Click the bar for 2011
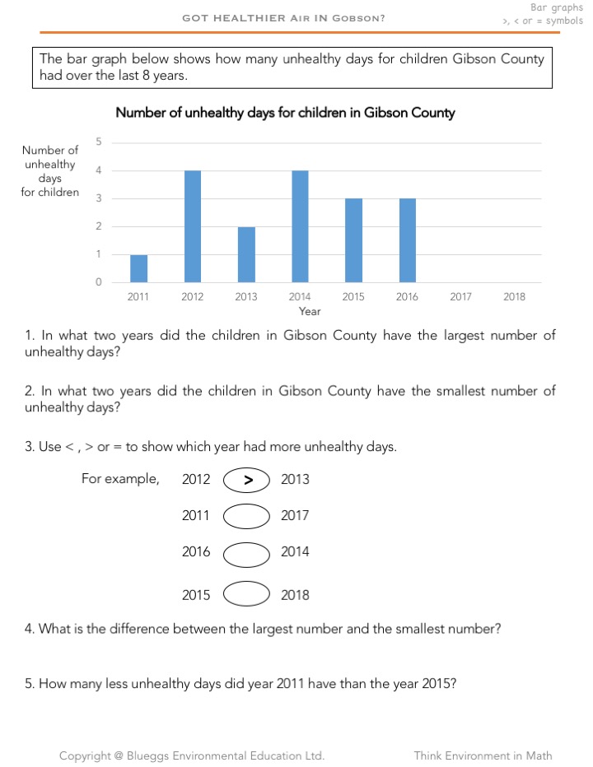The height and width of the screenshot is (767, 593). (138, 268)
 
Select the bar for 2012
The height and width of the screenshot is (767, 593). (193, 226)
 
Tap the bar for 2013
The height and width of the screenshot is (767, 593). (246, 254)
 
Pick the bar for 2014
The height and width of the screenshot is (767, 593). (300, 226)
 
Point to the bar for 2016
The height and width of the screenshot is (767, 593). (407, 240)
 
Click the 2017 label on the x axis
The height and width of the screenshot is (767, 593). (460, 297)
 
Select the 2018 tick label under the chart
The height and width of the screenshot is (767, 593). (514, 297)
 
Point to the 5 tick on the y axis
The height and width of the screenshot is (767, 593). (99, 142)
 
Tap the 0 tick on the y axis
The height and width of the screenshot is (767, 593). (99, 282)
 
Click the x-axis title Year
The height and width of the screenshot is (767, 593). (310, 312)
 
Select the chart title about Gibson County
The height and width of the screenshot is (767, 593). (285, 113)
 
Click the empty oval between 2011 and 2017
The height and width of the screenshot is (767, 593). (246, 516)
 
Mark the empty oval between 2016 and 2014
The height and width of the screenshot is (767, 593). (246, 552)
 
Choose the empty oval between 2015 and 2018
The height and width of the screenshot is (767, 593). (246, 594)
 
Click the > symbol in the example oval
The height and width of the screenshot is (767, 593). (247, 480)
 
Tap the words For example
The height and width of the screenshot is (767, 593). (120, 479)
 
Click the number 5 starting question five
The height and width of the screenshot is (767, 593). (29, 682)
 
